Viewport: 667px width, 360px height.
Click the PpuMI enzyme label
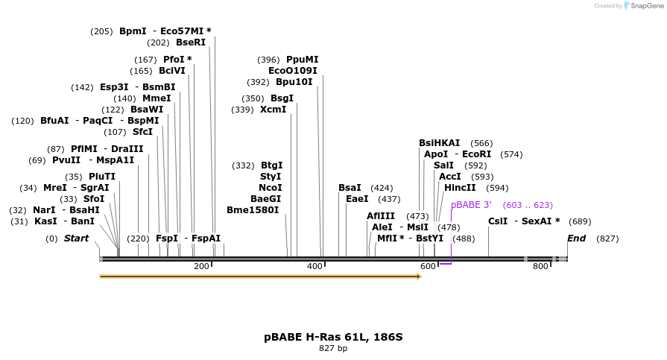302,60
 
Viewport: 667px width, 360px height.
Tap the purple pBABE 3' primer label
471,205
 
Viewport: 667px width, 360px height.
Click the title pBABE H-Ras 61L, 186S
333,337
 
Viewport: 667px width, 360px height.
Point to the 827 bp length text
333,348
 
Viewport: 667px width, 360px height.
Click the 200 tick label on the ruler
201,267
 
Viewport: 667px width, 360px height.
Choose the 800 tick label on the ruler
540,267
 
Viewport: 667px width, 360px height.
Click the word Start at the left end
76,239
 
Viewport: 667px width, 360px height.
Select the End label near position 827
576,239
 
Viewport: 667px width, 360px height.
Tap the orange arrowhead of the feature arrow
418,277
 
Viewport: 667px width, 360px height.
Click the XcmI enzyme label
273,110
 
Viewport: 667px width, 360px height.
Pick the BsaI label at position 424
350,188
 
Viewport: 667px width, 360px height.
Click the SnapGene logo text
644,6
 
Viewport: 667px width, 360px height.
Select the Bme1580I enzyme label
254,210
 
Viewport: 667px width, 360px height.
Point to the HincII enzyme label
460,188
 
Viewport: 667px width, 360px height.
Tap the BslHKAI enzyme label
439,143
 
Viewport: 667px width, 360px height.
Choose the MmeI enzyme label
156,98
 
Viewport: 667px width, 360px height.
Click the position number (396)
268,60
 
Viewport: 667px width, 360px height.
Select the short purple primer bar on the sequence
445,264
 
